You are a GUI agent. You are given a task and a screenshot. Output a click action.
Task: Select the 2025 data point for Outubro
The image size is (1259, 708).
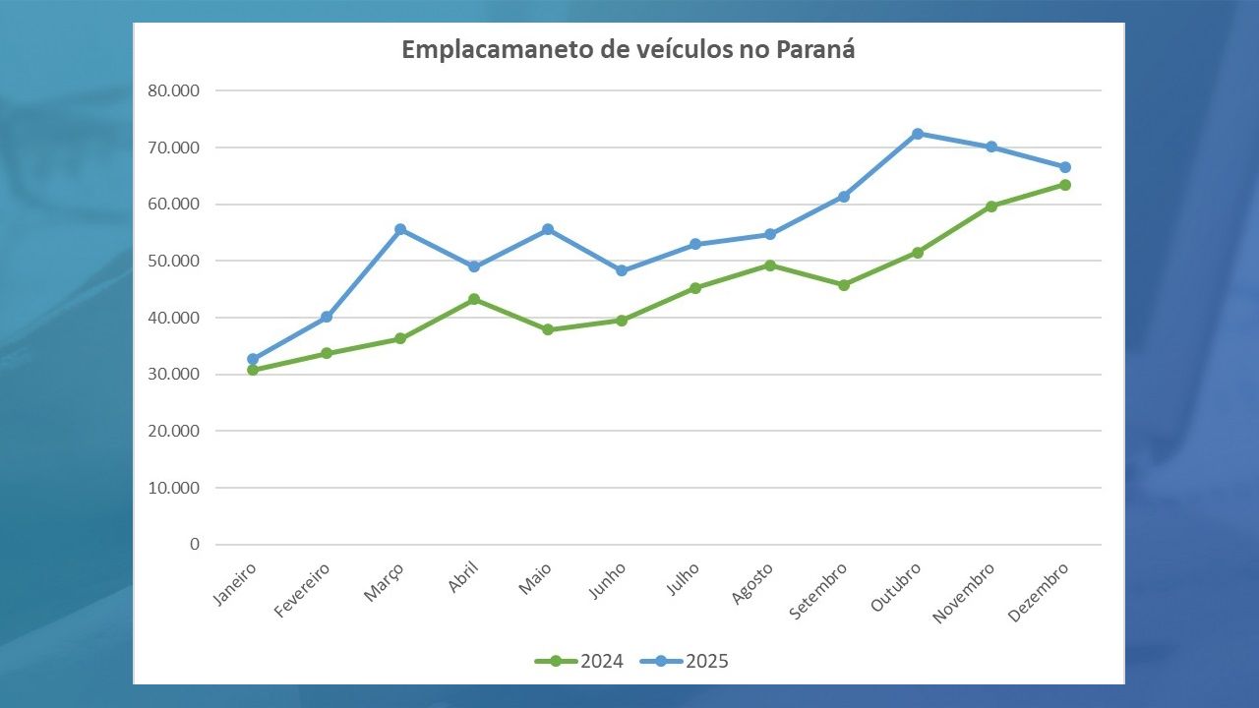pyautogui.click(x=918, y=134)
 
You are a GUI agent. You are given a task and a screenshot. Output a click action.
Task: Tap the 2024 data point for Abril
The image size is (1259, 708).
pyautogui.click(x=474, y=299)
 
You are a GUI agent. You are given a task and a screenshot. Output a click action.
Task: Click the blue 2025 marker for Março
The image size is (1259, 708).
pyautogui.click(x=400, y=229)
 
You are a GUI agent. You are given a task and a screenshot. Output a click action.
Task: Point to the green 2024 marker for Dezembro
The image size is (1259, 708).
pyautogui.click(x=1065, y=185)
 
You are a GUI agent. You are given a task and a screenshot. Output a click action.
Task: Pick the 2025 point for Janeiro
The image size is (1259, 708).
pyautogui.click(x=253, y=359)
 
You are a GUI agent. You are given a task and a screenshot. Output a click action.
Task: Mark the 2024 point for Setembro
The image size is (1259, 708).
pyautogui.click(x=844, y=285)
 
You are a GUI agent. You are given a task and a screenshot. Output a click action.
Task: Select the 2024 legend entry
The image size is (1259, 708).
pyautogui.click(x=579, y=661)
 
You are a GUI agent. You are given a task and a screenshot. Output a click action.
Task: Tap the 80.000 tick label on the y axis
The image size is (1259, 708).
pyautogui.click(x=173, y=90)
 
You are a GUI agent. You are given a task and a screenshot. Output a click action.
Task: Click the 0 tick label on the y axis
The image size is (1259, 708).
pyautogui.click(x=194, y=544)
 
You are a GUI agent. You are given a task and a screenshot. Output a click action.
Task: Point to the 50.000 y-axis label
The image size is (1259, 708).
pyautogui.click(x=173, y=261)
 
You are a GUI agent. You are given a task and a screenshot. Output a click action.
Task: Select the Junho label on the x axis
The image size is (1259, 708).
pyautogui.click(x=607, y=581)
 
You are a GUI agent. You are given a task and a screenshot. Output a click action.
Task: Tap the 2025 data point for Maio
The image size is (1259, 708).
pyautogui.click(x=548, y=229)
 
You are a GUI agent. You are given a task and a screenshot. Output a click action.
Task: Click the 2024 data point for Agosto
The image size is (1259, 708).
pyautogui.click(x=770, y=265)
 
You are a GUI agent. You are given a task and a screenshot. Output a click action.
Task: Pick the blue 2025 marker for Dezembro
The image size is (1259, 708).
pyautogui.click(x=1065, y=167)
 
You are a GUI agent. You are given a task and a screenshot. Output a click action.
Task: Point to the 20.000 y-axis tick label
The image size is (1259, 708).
pyautogui.click(x=173, y=431)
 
